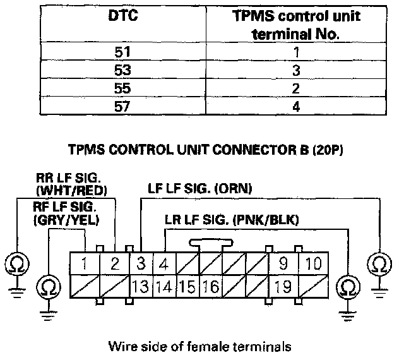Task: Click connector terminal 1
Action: (83, 264)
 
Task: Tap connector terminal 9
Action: (282, 264)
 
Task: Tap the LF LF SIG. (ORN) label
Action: (199, 188)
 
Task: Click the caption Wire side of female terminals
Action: (199, 345)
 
